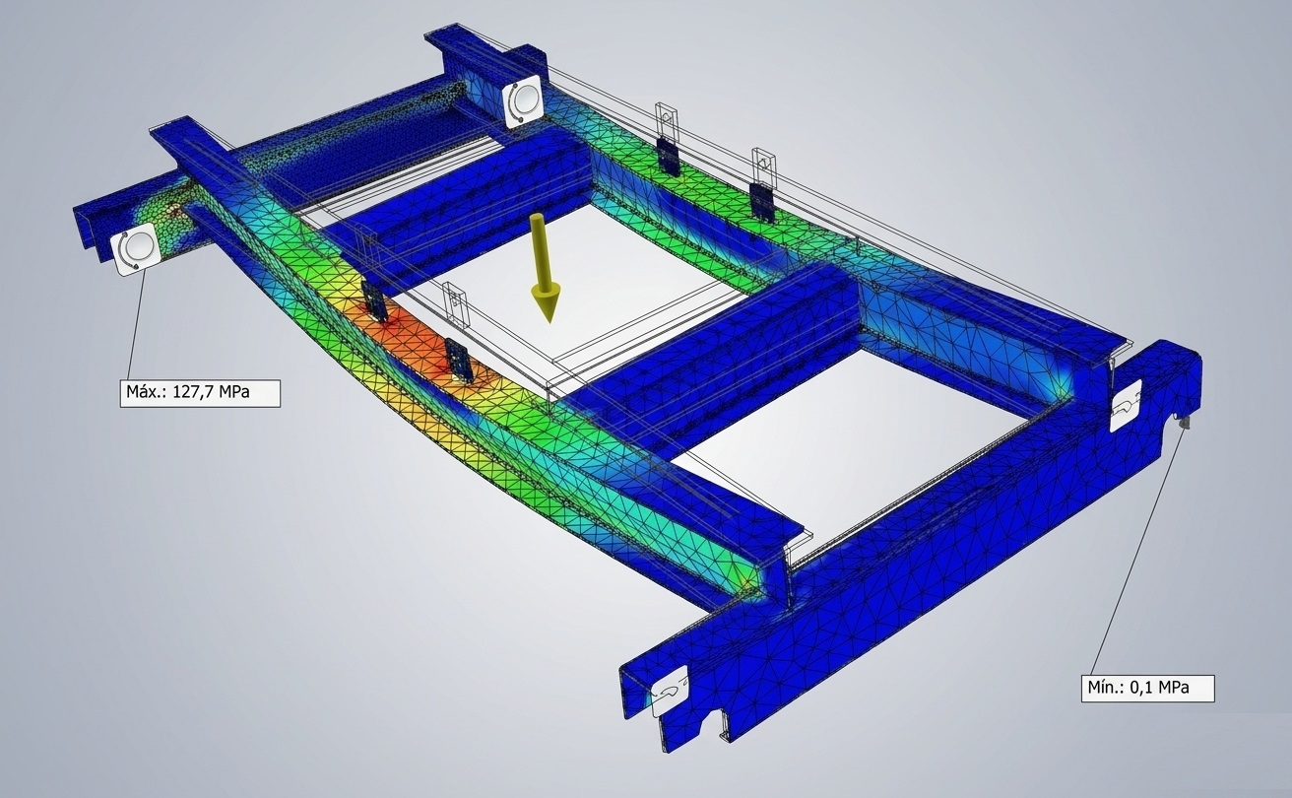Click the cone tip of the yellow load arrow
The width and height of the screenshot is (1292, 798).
pyautogui.click(x=549, y=321)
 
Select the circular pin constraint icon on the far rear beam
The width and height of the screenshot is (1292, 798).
pyautogui.click(x=521, y=100)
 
